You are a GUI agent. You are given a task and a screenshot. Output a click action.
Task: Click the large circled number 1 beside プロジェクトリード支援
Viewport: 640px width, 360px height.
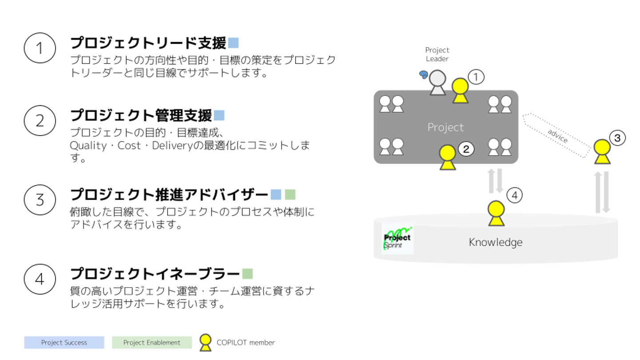click(40, 48)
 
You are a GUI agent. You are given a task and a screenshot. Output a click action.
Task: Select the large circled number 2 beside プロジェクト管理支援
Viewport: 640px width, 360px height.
click(40, 120)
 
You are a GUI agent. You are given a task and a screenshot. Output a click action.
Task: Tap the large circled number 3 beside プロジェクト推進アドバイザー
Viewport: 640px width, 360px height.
click(40, 200)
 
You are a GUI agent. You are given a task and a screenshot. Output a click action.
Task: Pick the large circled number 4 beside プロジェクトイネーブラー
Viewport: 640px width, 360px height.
click(40, 279)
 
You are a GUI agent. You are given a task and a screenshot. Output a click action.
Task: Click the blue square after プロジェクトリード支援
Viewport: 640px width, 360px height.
click(233, 43)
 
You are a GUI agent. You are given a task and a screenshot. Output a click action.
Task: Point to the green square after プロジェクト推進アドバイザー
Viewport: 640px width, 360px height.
click(290, 195)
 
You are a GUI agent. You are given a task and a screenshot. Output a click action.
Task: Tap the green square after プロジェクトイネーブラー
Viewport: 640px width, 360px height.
click(248, 274)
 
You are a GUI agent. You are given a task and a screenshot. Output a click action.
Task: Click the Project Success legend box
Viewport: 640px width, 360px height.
click(64, 342)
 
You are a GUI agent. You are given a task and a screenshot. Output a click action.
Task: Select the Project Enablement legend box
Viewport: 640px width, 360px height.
click(152, 342)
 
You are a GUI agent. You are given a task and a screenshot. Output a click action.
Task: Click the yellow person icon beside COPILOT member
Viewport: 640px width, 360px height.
click(205, 343)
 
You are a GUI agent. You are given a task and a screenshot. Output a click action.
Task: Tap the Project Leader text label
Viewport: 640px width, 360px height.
click(437, 54)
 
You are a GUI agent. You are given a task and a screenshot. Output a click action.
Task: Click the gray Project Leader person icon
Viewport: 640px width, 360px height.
click(437, 83)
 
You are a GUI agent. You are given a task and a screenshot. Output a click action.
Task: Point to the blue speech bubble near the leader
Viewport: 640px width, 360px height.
click(424, 75)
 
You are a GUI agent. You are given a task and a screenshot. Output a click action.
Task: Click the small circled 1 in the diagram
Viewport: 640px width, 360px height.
click(476, 77)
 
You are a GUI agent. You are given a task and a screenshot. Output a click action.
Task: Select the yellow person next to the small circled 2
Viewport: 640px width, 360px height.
click(448, 157)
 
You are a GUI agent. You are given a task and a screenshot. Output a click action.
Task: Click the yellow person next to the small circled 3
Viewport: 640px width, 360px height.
click(602, 152)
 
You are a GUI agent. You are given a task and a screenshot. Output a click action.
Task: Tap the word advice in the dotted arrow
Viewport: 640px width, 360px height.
click(557, 136)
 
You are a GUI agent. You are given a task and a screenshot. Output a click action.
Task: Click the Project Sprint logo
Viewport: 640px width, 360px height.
click(397, 239)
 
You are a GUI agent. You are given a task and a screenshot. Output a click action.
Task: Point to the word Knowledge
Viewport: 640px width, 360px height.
click(496, 242)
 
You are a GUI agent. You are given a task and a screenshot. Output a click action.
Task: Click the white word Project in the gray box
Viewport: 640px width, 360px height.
click(446, 127)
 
